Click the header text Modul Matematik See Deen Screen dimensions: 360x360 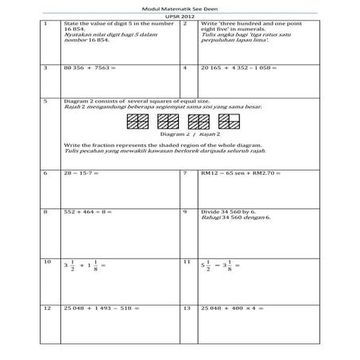pyautogui.click(x=179, y=7)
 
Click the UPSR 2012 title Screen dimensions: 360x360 pyautogui.click(x=179, y=15)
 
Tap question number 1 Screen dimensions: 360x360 pyautogui.click(x=46, y=24)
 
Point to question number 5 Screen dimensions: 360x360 pyautogui.click(x=46, y=103)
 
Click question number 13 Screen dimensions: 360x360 pyautogui.click(x=185, y=308)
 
